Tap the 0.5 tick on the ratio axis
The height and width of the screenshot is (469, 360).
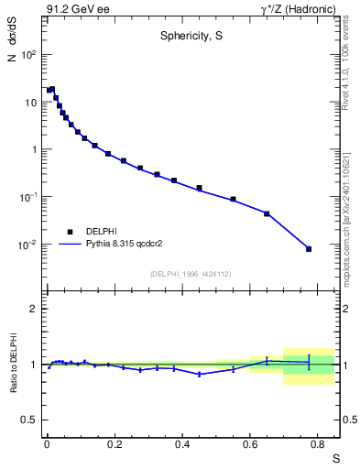click(30, 420)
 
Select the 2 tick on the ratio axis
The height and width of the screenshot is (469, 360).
click(34, 309)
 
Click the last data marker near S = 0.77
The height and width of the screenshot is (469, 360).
click(309, 249)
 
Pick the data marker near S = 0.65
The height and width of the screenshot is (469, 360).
click(267, 213)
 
